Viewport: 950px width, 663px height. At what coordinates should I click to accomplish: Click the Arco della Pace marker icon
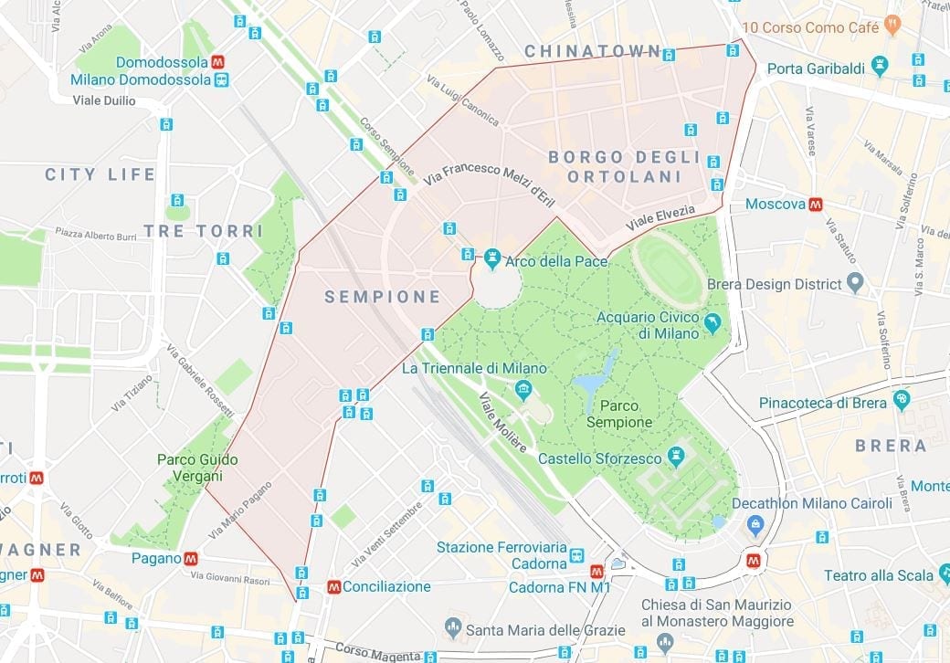(493, 261)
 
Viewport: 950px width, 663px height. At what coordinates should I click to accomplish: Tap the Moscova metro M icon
(815, 204)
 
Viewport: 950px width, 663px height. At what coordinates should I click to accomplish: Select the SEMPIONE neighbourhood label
(383, 297)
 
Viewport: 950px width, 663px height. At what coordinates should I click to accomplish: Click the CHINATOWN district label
(592, 51)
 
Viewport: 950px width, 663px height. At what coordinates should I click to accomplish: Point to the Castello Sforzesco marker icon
(676, 454)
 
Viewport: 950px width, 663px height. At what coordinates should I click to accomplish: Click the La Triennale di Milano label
(474, 368)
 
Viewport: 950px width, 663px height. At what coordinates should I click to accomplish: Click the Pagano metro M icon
(190, 558)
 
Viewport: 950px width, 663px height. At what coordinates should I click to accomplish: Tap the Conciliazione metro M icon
(333, 586)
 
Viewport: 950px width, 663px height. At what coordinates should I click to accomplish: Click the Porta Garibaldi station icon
(880, 65)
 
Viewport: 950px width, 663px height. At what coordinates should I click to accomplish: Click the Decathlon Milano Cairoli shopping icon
(755, 524)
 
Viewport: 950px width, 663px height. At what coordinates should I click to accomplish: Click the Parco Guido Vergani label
(190, 468)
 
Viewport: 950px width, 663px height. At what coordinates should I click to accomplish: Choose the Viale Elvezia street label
(660, 217)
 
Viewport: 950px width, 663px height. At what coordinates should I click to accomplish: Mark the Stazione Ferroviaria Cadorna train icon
(576, 554)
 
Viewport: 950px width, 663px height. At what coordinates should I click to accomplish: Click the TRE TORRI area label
(203, 230)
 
